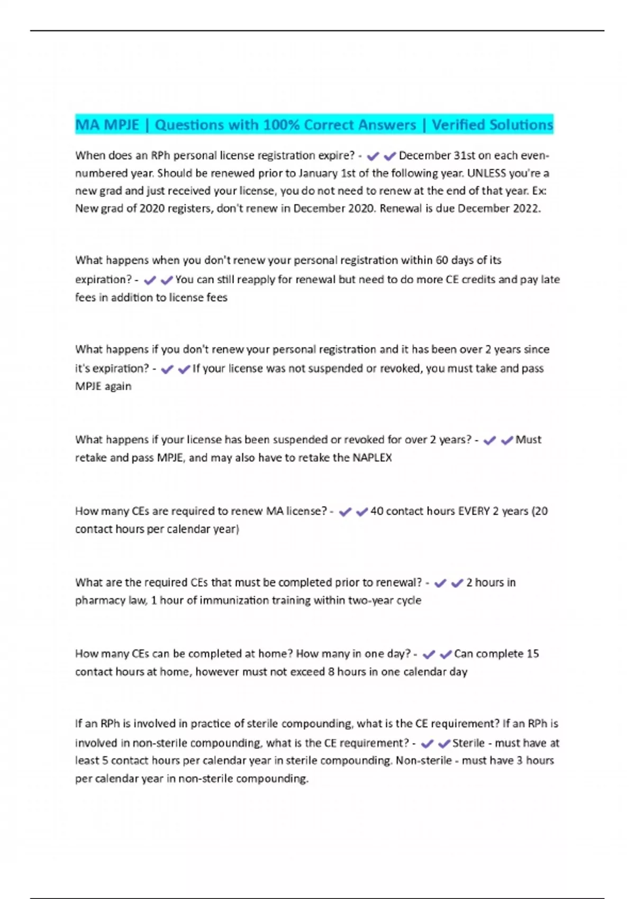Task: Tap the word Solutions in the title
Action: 521,125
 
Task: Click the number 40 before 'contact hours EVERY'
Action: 377,511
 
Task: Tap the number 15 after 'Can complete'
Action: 533,654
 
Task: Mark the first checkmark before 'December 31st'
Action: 373,156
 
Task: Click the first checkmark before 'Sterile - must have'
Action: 427,744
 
